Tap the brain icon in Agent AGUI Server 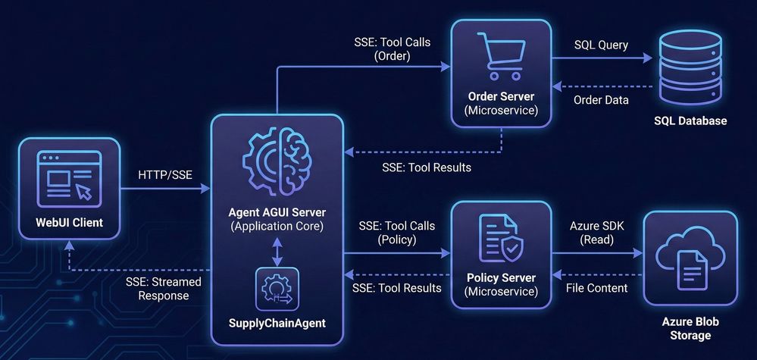pos(277,163)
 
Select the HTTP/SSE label pos(165,175)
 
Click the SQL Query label pos(601,45)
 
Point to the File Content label pos(598,288)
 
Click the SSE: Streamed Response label pos(164,289)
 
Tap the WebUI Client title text pos(69,223)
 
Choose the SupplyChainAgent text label pos(277,324)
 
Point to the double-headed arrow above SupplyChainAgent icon pos(277,251)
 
